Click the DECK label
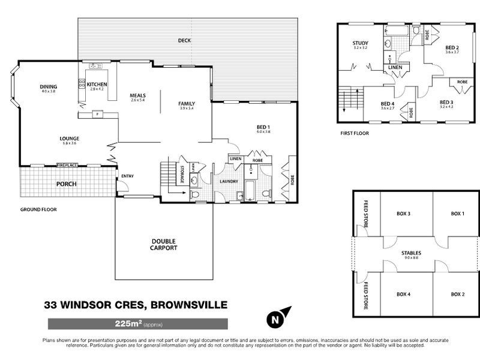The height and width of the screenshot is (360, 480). tap(184, 41)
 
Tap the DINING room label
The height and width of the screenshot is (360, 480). tap(48, 86)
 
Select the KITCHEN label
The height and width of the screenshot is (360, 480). tap(97, 85)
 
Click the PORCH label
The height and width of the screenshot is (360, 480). tap(66, 184)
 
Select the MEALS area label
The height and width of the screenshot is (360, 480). tap(138, 95)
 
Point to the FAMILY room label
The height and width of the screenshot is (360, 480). tap(187, 104)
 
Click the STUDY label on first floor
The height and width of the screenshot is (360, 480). tap(360, 43)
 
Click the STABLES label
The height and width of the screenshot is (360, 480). tap(411, 253)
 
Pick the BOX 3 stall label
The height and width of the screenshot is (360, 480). tap(403, 214)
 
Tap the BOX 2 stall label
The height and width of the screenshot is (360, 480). tap(458, 294)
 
